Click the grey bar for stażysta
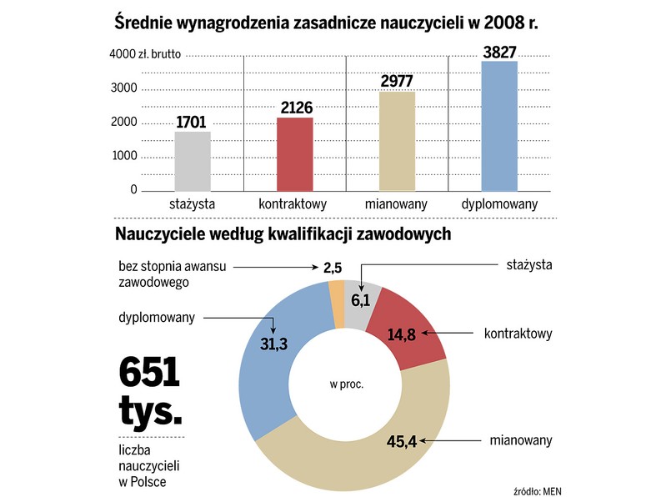(x=193, y=161)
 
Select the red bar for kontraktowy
(x=294, y=154)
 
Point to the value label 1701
(x=193, y=123)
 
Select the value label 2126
(x=294, y=108)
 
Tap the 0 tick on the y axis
(x=133, y=190)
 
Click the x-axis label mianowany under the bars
(x=397, y=204)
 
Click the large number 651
(x=150, y=372)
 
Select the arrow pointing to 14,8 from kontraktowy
(x=450, y=334)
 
